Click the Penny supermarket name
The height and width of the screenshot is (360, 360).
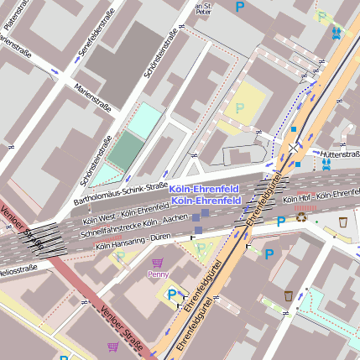[x=158, y=274]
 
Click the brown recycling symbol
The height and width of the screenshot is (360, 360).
[x=302, y=218]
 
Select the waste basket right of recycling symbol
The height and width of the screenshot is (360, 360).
[x=343, y=222]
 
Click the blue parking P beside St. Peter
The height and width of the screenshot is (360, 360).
[x=240, y=7]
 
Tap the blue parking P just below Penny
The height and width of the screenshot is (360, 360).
[x=172, y=294]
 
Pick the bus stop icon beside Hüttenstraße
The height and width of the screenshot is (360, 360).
[x=326, y=164]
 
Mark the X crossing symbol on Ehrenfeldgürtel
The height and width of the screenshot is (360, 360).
[x=293, y=147]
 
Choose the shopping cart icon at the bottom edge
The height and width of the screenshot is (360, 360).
[x=112, y=346]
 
